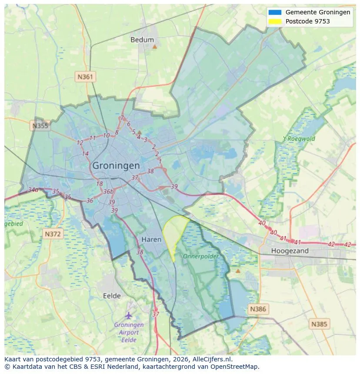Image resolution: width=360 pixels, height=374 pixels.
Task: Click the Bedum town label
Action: pos(142,40)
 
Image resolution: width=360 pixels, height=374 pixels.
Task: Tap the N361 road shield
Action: pos(85,77)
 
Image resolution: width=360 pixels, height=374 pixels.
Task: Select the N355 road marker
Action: pos(40,126)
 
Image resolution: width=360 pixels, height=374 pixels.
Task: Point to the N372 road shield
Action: pos(53,234)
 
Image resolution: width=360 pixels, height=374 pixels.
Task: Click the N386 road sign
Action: pos(258,309)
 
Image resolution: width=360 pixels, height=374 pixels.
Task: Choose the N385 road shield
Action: pos(320,324)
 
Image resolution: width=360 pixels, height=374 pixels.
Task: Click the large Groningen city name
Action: pos(116,166)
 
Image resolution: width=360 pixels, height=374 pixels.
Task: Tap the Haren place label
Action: pos(151,240)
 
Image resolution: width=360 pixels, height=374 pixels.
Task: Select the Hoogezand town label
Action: pos(290,251)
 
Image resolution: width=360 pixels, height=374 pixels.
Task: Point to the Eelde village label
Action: pos(112,296)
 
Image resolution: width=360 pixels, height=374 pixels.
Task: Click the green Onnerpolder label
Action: pos(200,257)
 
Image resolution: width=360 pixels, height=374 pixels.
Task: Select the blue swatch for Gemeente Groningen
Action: pos(275,13)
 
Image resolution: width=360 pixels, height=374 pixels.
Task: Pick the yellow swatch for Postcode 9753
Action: pos(275,21)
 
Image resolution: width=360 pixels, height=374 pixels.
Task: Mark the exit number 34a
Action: pos(33,190)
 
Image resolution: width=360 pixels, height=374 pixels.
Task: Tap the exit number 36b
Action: pos(109,192)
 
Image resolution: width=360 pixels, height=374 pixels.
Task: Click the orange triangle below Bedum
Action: pos(154,46)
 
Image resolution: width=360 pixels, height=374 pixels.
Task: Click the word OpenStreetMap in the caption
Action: pos(237,367)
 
